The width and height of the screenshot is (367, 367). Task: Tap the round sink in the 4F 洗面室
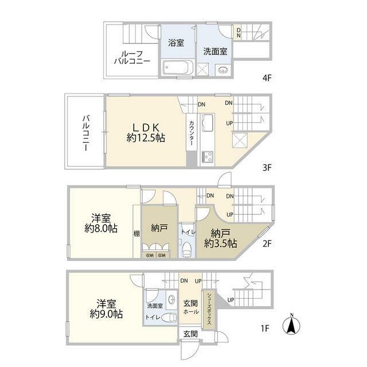click(223, 71)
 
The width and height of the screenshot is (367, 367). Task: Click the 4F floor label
click(266, 76)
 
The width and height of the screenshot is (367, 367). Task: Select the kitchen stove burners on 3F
click(207, 156)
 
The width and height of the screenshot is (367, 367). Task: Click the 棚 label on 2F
click(136, 233)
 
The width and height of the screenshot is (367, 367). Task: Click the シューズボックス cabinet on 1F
click(210, 309)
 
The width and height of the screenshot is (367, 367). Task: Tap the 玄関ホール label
click(190, 307)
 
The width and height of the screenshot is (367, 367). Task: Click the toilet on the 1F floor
click(169, 317)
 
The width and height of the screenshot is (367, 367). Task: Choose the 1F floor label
click(266, 329)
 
